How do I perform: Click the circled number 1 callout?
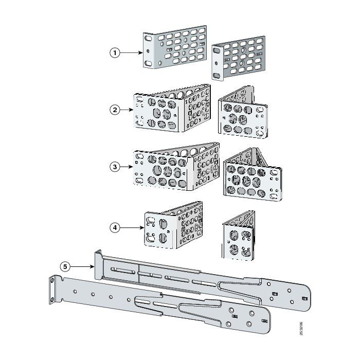116,52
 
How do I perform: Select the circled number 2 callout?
116,110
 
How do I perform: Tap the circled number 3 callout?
116,167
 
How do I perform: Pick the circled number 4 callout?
116,228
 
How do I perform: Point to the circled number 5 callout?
65,266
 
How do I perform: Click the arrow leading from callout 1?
132,52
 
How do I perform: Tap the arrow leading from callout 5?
82,266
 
